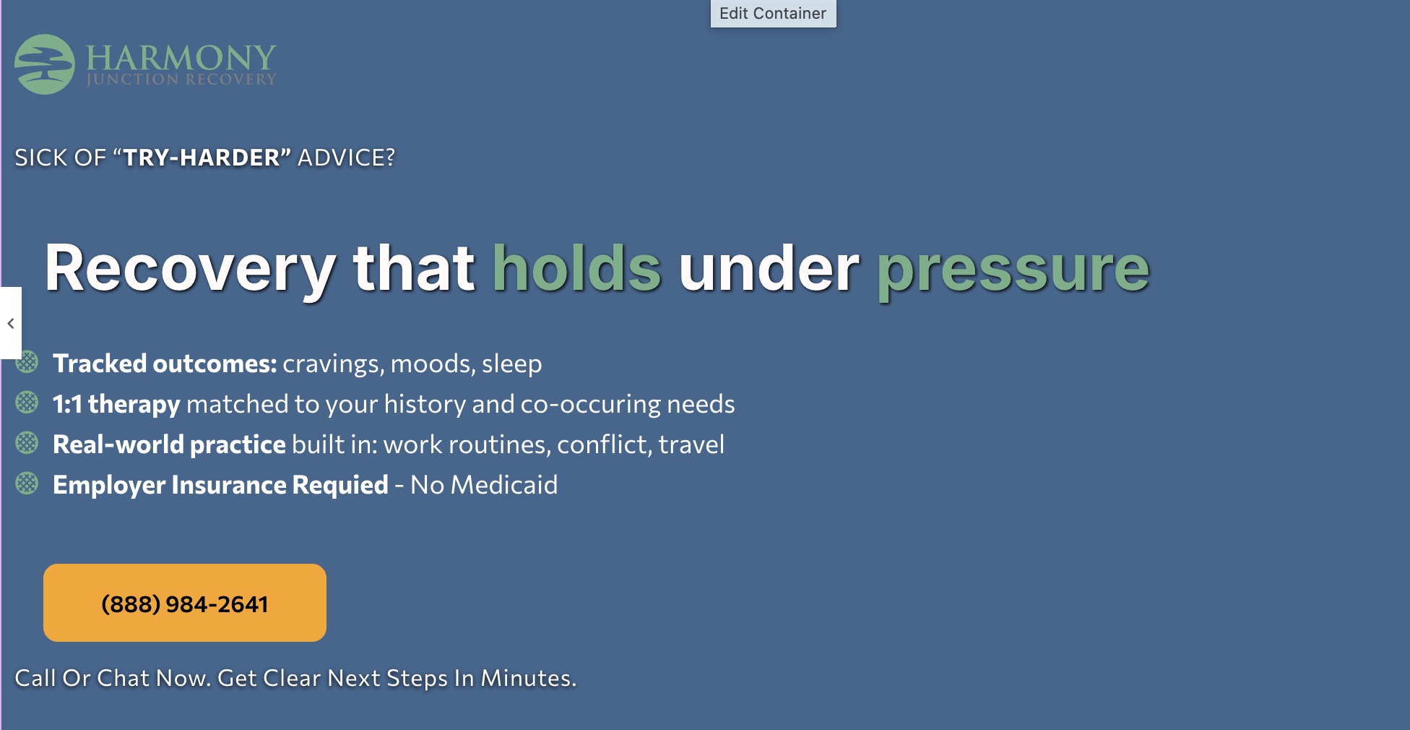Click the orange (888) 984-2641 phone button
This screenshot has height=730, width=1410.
(185, 603)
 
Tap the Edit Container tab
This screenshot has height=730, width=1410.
(773, 14)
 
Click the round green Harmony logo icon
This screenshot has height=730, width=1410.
(45, 64)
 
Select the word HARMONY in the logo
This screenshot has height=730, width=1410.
(181, 57)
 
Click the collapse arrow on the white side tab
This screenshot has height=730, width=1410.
(11, 323)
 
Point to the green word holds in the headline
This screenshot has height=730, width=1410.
(576, 268)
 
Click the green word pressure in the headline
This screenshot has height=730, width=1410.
(1013, 272)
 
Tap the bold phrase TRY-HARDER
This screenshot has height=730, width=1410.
(202, 158)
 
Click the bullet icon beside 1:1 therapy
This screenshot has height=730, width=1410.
(27, 403)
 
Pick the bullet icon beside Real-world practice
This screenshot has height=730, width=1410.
(27, 443)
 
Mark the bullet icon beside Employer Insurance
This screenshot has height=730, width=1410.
(27, 484)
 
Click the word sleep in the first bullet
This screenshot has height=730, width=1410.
(511, 364)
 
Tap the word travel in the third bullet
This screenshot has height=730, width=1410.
(691, 445)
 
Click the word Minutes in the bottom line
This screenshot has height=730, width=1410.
(529, 678)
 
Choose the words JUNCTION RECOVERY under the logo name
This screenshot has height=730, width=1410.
(181, 80)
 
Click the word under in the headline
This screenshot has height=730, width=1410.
(769, 268)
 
